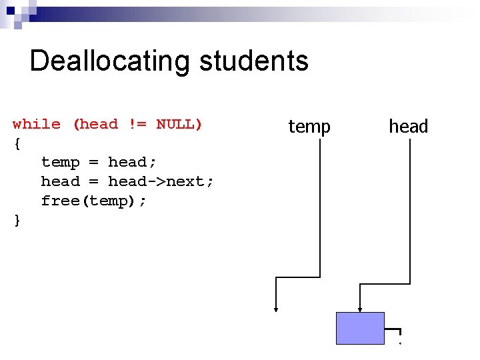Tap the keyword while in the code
(37, 124)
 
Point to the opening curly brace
(17, 143)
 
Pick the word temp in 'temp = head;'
(60, 162)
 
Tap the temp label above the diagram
(309, 126)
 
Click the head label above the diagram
(408, 126)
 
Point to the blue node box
(360, 328)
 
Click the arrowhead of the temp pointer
(276, 308)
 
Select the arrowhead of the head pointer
(360, 309)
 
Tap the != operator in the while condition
(137, 124)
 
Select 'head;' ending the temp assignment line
(131, 162)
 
